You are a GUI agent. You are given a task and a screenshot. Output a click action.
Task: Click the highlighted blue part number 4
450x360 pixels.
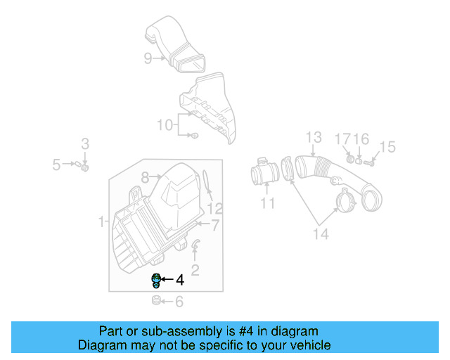click(x=156, y=280)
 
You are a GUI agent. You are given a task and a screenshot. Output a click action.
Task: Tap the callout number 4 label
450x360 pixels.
click(x=180, y=280)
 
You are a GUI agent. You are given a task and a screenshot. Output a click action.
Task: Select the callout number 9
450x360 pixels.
click(x=148, y=58)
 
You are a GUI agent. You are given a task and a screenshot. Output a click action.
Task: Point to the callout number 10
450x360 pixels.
click(x=164, y=125)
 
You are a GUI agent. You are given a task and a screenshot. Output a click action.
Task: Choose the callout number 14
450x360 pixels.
click(x=320, y=234)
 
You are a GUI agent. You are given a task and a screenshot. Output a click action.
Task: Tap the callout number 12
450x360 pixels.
click(x=215, y=208)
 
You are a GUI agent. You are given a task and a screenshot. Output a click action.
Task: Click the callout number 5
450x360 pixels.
click(x=56, y=165)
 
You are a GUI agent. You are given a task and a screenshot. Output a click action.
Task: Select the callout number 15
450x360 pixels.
click(x=387, y=147)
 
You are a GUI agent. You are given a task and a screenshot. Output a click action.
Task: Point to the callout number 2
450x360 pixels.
click(x=195, y=269)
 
